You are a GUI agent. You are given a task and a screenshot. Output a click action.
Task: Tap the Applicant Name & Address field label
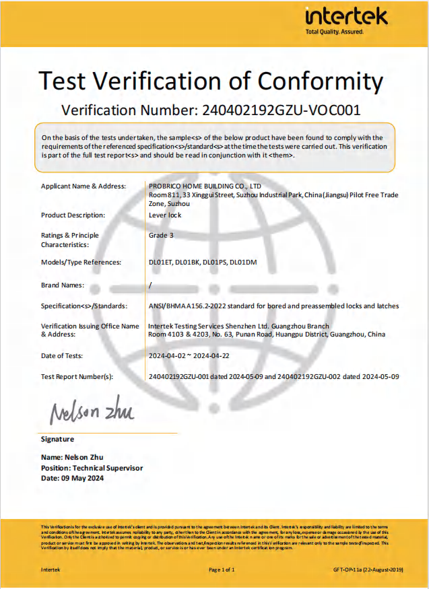tap(80, 186)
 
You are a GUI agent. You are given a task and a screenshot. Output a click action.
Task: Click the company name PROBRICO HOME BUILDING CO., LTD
tap(204, 186)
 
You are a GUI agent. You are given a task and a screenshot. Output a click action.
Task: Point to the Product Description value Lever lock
tap(165, 215)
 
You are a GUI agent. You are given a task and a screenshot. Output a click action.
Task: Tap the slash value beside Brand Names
tap(150, 285)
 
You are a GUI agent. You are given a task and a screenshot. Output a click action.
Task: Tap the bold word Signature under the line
tap(58, 439)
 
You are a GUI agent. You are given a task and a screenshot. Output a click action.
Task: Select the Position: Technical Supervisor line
tap(92, 468)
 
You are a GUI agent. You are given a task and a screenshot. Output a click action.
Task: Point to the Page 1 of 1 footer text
tap(222, 569)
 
